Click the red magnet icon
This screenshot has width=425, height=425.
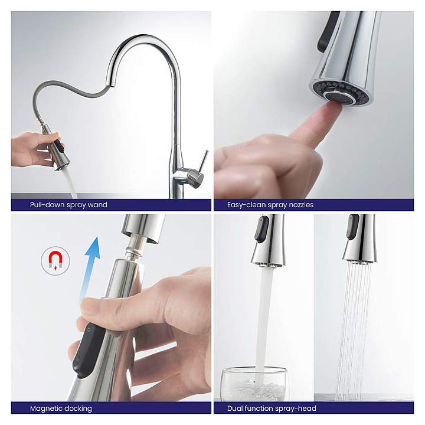tap(55, 261)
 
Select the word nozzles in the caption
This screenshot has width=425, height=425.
tap(301, 205)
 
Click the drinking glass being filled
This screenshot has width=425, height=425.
tap(254, 384)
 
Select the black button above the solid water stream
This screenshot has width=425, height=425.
tap(261, 229)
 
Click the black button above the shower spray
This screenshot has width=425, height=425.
tap(352, 227)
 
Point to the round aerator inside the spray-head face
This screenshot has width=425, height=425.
tap(340, 97)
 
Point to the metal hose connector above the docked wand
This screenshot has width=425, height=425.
tap(135, 247)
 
